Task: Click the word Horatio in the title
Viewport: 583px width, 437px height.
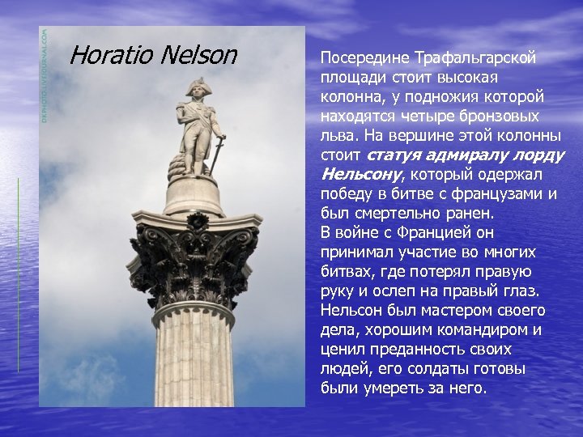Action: coord(111,55)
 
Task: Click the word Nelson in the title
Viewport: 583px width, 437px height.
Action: coord(199,55)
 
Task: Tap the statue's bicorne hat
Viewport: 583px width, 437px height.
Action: coord(196,87)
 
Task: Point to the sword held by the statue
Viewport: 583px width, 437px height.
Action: coord(218,155)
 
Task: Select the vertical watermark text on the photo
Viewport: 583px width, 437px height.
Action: coord(45,76)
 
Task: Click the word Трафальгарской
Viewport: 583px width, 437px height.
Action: coord(474,59)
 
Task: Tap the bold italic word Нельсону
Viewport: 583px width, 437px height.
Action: coord(362,175)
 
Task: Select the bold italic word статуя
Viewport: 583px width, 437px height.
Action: coord(394,155)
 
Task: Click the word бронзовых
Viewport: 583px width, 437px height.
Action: coord(499,117)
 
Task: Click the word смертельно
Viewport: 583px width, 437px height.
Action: coord(401,214)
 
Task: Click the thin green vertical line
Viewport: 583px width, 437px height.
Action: coord(18,274)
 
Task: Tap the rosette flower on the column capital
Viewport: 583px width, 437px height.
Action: coord(197,221)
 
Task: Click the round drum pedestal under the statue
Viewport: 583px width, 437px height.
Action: coord(194,197)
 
